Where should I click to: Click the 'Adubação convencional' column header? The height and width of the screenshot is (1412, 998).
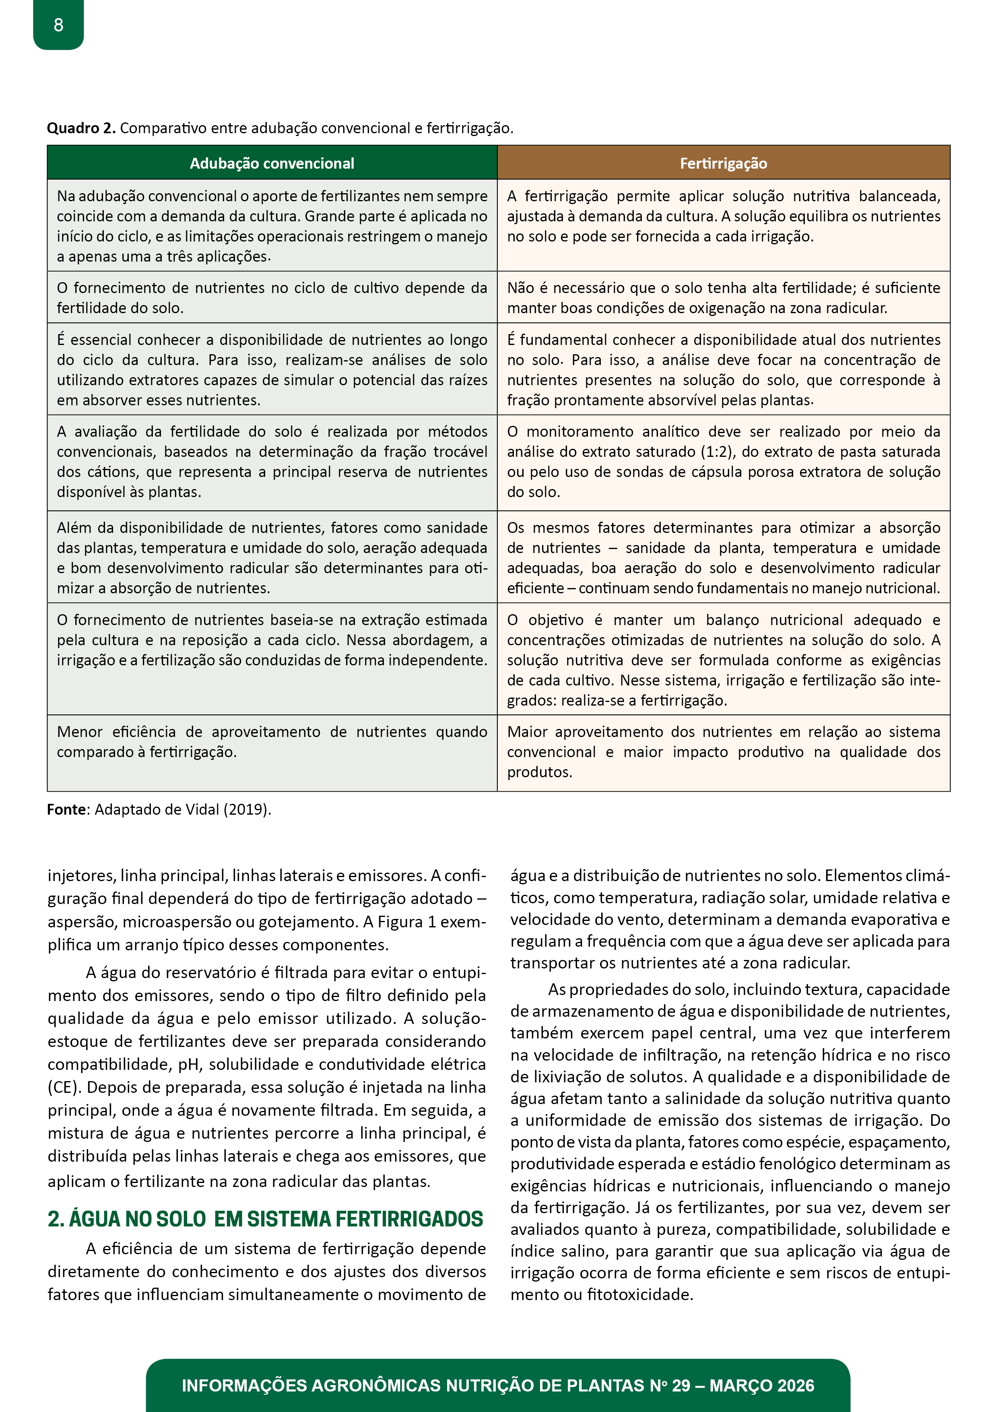coord(272,163)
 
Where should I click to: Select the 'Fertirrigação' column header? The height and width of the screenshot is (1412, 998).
coord(723,163)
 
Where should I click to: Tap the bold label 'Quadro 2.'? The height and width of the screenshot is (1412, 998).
coord(81,128)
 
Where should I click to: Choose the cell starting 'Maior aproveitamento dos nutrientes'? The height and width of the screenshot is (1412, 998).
coord(723,751)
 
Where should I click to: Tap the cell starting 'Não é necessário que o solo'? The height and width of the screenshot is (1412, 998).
coord(723,297)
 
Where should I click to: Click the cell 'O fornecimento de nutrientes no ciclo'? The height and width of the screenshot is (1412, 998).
coord(272,297)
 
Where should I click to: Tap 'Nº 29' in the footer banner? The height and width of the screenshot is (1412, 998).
coord(670,1385)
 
